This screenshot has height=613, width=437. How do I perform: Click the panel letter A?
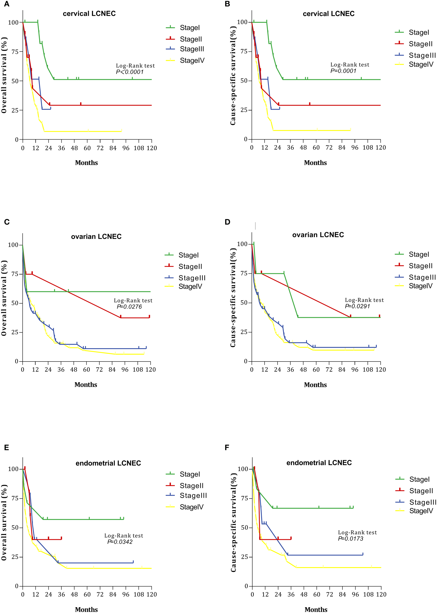(x=6, y=4)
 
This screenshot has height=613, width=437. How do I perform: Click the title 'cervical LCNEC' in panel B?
(x=329, y=14)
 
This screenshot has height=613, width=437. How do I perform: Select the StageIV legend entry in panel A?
(x=192, y=61)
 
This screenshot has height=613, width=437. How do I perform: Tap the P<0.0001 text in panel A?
(x=130, y=72)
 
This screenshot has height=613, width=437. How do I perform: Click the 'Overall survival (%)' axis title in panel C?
(x=4, y=298)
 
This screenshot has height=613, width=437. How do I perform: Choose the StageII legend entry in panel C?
(x=190, y=266)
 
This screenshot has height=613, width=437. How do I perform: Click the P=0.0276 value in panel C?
(x=129, y=306)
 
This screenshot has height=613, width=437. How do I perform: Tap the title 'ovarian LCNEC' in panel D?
(x=318, y=235)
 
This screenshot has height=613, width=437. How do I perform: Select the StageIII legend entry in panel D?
(x=422, y=277)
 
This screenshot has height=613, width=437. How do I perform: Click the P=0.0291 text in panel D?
(x=357, y=306)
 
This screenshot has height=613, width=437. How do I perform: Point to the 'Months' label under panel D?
(x=315, y=385)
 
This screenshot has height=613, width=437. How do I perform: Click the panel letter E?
(x=6, y=447)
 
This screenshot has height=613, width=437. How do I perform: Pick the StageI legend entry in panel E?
(x=190, y=474)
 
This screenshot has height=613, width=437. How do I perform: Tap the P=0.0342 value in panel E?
(x=120, y=542)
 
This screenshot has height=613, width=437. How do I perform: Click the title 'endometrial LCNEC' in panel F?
(x=319, y=463)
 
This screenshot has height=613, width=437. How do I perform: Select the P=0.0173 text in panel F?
(x=351, y=538)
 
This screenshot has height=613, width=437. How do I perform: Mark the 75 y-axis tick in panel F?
(x=245, y=498)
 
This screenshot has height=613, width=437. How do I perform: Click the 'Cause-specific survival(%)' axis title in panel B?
(x=233, y=76)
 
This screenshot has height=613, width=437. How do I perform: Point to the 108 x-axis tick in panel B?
(x=367, y=148)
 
